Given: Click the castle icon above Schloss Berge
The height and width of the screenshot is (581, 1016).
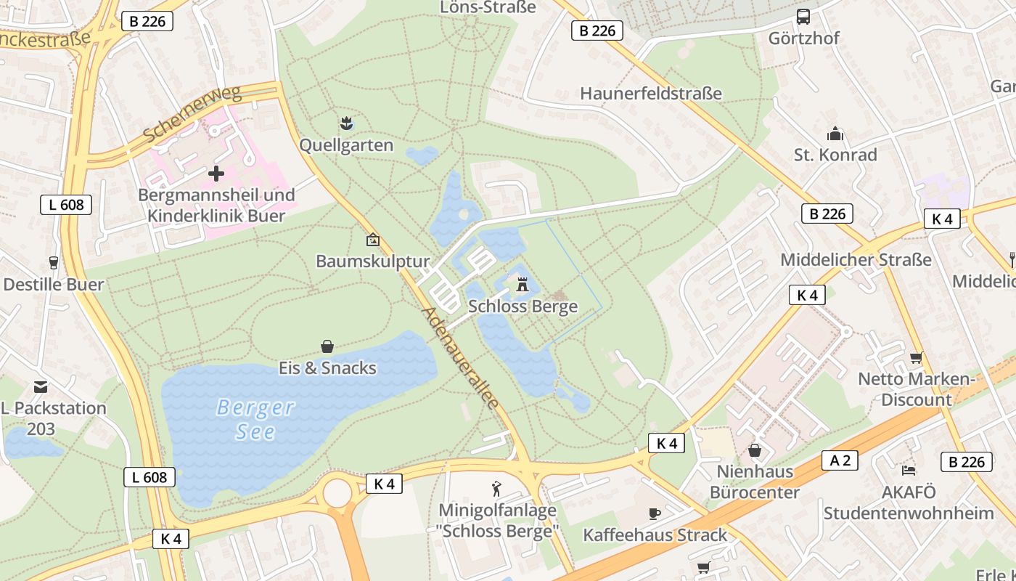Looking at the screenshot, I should pyautogui.click(x=522, y=285).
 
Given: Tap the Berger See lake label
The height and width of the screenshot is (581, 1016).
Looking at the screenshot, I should pyautogui.click(x=255, y=419).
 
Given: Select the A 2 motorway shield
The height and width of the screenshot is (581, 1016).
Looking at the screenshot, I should pyautogui.click(x=840, y=460).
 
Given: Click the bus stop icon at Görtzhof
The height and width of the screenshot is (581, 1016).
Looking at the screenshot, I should pyautogui.click(x=803, y=17).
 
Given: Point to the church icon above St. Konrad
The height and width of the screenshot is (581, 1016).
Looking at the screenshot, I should pyautogui.click(x=835, y=134).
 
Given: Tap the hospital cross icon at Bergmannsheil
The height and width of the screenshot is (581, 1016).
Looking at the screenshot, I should pyautogui.click(x=216, y=174).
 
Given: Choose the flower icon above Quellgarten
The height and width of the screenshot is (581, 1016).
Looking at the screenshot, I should pyautogui.click(x=347, y=123).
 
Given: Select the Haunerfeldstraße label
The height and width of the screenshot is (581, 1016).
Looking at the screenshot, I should pyautogui.click(x=651, y=94).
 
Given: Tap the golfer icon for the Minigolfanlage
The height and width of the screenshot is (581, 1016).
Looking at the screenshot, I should pyautogui.click(x=497, y=488).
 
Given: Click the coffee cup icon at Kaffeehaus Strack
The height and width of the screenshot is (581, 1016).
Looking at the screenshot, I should pyautogui.click(x=655, y=513).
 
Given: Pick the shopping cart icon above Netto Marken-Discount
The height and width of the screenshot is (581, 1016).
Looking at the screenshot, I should pyautogui.click(x=916, y=357).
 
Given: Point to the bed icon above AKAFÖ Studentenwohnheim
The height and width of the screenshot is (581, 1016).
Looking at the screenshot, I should pyautogui.click(x=908, y=470).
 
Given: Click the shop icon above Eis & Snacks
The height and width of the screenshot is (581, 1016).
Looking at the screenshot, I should pyautogui.click(x=327, y=346).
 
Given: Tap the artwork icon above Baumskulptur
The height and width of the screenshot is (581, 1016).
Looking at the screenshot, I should pyautogui.click(x=373, y=239).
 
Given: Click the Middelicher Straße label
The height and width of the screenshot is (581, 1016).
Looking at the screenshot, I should pyautogui.click(x=856, y=260).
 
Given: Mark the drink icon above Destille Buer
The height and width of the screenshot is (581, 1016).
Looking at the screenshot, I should pyautogui.click(x=53, y=262).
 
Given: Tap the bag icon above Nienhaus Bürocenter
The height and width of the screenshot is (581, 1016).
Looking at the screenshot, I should pyautogui.click(x=755, y=450).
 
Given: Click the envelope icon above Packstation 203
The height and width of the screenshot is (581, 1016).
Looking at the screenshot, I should pyautogui.click(x=40, y=387).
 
